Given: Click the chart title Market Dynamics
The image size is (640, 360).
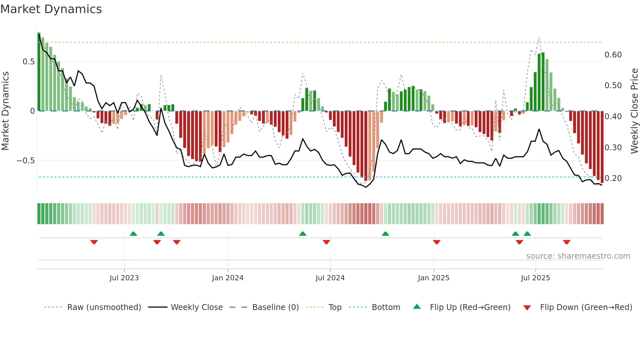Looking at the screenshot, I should pos(51,9).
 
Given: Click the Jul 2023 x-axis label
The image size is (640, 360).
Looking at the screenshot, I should pos(124,278).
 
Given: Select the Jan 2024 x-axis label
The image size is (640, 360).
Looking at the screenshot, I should pos(228,278).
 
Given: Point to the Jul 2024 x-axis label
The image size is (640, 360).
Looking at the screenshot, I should pos(330,278).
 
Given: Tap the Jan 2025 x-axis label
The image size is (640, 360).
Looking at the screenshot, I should pos(433,278).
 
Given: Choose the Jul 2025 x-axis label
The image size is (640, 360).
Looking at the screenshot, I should pos(535,278).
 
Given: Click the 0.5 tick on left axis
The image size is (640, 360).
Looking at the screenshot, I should pos(28,62).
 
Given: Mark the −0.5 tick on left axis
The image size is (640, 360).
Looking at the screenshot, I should pos(26,161).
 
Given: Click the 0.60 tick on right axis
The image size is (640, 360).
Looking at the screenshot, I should pos(613,55).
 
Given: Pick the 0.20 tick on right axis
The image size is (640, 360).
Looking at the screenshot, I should pos(613,178).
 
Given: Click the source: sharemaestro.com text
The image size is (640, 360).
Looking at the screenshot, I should pos(578,256).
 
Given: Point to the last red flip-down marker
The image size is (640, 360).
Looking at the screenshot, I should pos(567,242).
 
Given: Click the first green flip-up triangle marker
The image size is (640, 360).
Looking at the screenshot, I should pos(133,234).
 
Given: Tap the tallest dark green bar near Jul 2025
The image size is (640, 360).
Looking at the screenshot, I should pos(543,82).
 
